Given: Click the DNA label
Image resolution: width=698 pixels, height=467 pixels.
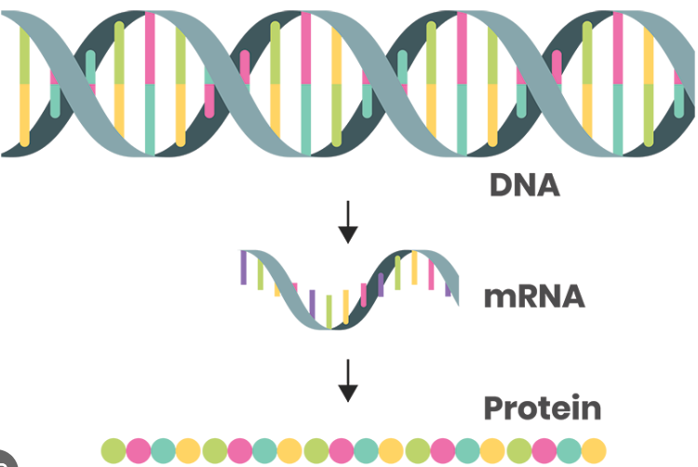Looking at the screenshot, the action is [524, 184].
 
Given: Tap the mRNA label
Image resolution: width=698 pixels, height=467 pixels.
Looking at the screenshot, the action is [534, 296].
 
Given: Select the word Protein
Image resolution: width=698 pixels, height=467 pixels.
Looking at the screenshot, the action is [543, 407].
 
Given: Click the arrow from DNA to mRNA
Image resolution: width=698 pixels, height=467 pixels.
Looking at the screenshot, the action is [348, 222].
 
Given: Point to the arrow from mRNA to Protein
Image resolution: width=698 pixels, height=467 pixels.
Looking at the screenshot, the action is [348, 380].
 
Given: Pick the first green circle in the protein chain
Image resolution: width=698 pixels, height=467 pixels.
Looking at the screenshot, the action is [114, 450].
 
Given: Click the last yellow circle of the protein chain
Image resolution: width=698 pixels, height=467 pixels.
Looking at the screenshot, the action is [594, 450].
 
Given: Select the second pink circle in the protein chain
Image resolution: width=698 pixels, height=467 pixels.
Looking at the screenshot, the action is [240, 450].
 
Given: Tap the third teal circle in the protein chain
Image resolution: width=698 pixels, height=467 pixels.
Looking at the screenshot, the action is [366, 450].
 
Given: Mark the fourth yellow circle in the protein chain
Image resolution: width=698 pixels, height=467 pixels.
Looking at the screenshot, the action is [492, 450].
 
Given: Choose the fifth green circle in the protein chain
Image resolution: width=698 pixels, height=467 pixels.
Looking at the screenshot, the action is [519, 450].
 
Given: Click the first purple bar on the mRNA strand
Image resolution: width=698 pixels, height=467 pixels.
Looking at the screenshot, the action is [244, 267].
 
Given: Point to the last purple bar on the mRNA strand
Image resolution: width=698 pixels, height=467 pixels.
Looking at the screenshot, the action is [448, 289].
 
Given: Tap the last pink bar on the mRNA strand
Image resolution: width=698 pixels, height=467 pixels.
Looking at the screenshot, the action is [431, 274].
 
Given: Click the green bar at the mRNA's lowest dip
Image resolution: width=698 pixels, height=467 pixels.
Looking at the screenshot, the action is [329, 312].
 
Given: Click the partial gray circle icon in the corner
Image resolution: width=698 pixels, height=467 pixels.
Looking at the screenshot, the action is [7, 460].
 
